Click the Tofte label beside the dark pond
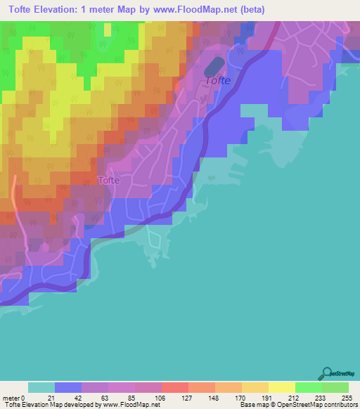pyautogui.click(x=217, y=81)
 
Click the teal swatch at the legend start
pyautogui.click(x=41, y=387)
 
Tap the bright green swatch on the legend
pyautogui.click(x=308, y=387)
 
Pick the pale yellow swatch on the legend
pyautogui.click(x=281, y=387)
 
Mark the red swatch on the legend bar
pyautogui.click(x=174, y=387)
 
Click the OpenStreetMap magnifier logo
pyautogui.click(x=326, y=373)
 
